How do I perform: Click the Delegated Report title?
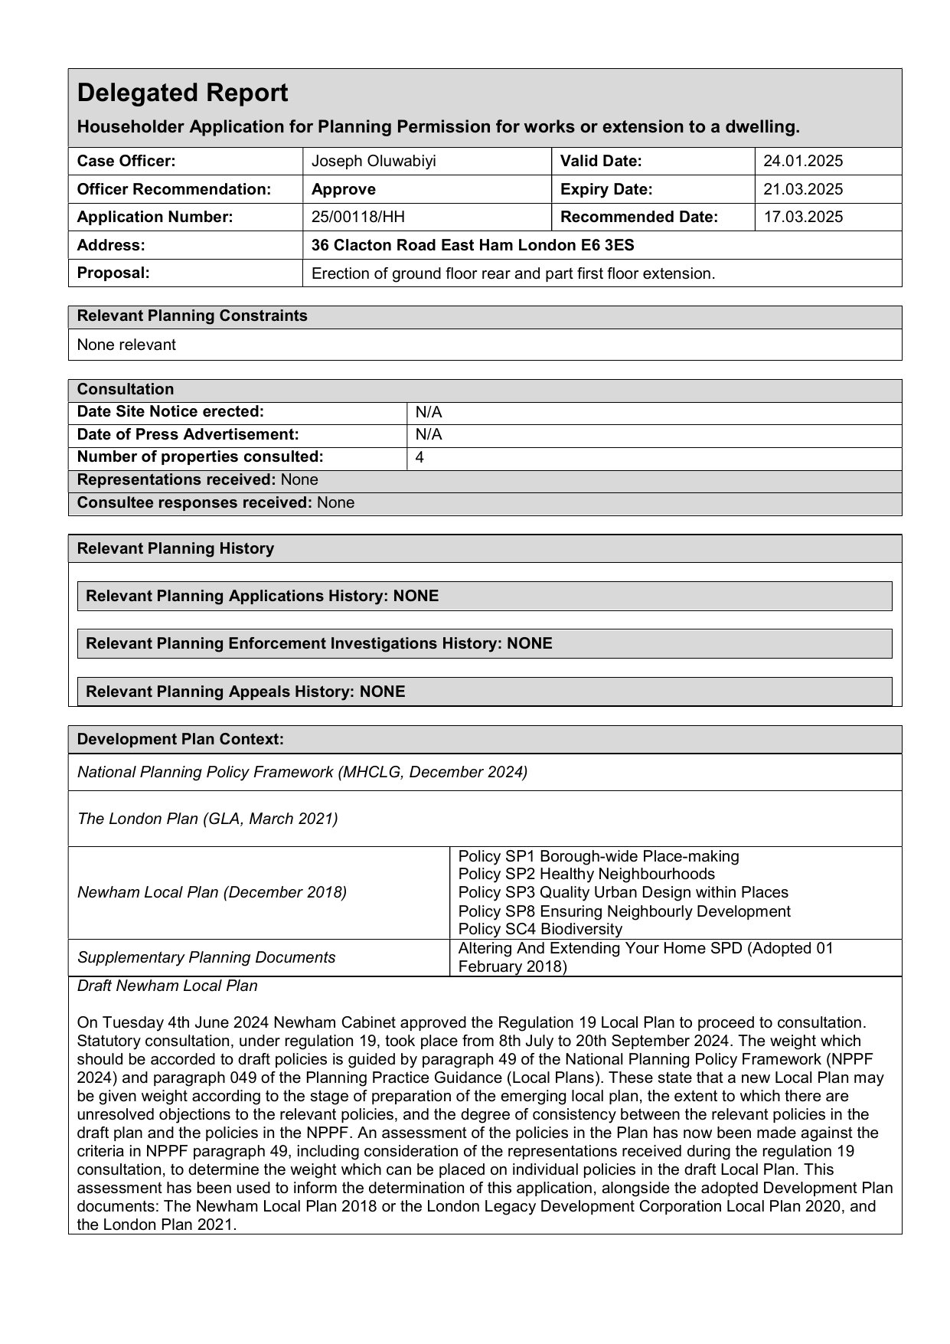click(183, 93)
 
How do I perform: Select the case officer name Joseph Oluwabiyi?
click(374, 162)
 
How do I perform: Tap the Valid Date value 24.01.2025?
click(803, 162)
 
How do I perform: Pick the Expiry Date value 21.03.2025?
click(803, 189)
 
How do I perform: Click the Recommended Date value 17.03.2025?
click(803, 217)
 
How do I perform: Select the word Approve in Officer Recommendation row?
click(344, 189)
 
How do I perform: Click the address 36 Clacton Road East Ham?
click(472, 246)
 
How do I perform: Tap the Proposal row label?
click(113, 273)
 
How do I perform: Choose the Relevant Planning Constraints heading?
click(192, 316)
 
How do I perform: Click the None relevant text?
click(126, 345)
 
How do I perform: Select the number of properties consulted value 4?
click(420, 458)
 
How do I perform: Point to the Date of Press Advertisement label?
click(188, 435)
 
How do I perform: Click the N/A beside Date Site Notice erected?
click(429, 413)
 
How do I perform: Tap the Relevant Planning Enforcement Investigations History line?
click(319, 644)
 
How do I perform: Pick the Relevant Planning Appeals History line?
click(246, 692)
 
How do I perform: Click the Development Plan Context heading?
click(181, 740)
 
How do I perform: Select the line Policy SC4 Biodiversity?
click(540, 930)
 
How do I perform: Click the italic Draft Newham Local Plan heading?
click(167, 986)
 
